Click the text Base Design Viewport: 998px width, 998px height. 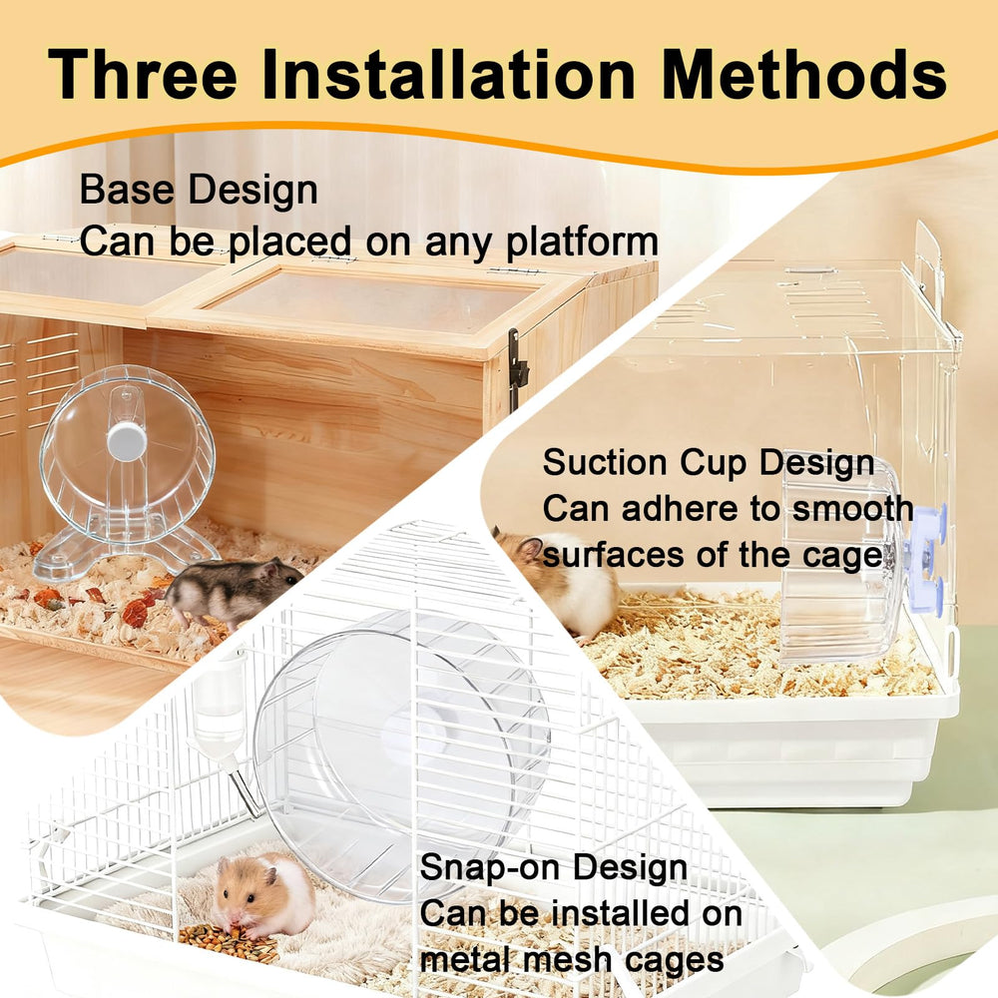pos(199,189)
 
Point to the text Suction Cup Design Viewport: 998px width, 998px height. pos(709,463)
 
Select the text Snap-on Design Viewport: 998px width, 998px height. pos(553,867)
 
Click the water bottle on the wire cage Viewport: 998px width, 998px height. pos(219,710)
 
